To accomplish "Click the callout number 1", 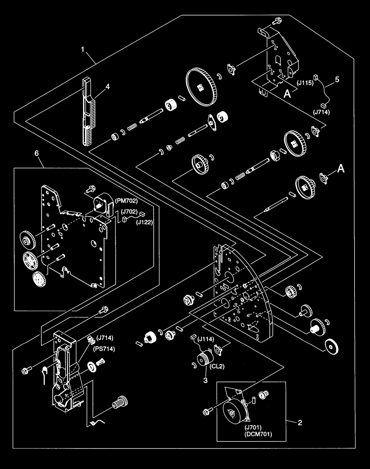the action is click(x=83, y=50).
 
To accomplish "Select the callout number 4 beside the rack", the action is click(x=108, y=87).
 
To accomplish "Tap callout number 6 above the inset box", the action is click(x=37, y=154).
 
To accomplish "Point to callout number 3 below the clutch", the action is click(x=206, y=381).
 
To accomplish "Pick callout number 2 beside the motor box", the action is click(x=300, y=423).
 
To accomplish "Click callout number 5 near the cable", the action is click(x=337, y=80).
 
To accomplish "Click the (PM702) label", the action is click(x=126, y=201).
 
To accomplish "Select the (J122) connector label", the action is click(x=144, y=223).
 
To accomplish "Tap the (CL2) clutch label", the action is click(x=217, y=366).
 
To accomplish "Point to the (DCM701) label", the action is click(x=258, y=434).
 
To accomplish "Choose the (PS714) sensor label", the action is click(x=104, y=349).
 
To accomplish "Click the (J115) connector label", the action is click(x=305, y=83).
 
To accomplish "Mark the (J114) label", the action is click(x=206, y=339).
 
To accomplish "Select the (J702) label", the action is click(x=129, y=211).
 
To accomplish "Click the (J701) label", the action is click(x=253, y=427).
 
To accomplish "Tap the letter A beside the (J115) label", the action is click(x=287, y=94).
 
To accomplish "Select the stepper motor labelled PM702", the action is click(x=103, y=204).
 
